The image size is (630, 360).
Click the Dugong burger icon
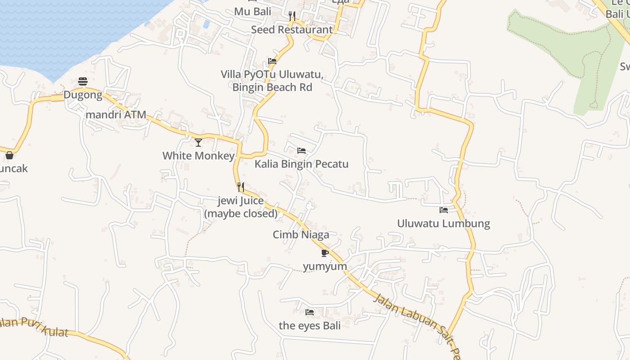point(83,81)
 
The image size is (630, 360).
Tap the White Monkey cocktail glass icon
point(198,143)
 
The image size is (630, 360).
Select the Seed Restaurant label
point(292,30)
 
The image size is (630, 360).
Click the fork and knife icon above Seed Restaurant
point(292,17)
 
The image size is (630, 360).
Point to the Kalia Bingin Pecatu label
point(301,164)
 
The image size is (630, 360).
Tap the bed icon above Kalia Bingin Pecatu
point(301,150)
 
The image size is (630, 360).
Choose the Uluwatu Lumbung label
point(443,223)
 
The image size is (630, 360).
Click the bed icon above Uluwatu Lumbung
point(444,210)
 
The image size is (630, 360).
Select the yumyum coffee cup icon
point(325,253)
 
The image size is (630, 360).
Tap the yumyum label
point(325,266)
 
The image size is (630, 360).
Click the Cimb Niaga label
point(301,234)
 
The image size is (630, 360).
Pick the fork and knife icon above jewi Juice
point(241,187)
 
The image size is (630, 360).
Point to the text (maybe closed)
point(241,213)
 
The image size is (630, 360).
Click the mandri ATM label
point(116,115)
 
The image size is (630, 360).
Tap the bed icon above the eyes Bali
point(310,312)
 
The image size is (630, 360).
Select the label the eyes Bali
point(310,325)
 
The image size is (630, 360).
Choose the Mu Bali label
point(252,11)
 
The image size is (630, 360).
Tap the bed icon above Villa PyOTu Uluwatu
point(272,61)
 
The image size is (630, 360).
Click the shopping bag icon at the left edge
point(9,155)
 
